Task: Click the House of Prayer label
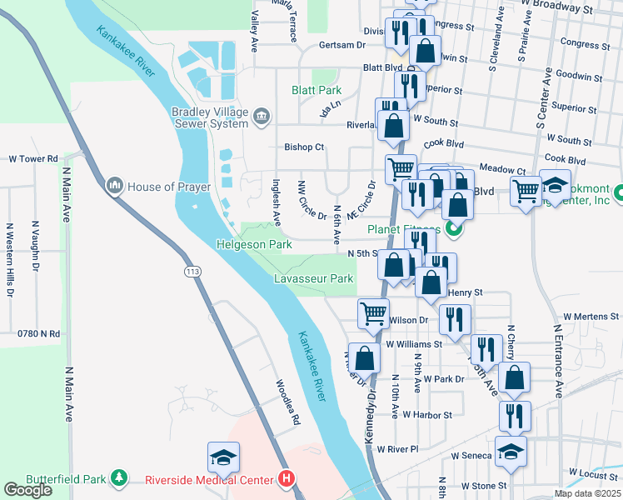point(169,187)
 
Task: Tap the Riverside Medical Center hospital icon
point(287,479)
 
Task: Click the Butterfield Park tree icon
point(120,478)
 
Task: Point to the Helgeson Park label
point(253,245)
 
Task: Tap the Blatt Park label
point(316,90)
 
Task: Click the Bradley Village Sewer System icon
point(262,114)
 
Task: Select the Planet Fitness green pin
point(453,227)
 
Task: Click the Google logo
point(27,490)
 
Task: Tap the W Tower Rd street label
point(33,158)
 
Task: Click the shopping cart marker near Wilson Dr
point(373,313)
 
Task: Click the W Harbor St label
point(426,414)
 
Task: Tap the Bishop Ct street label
point(304,147)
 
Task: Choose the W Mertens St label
point(592,317)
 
